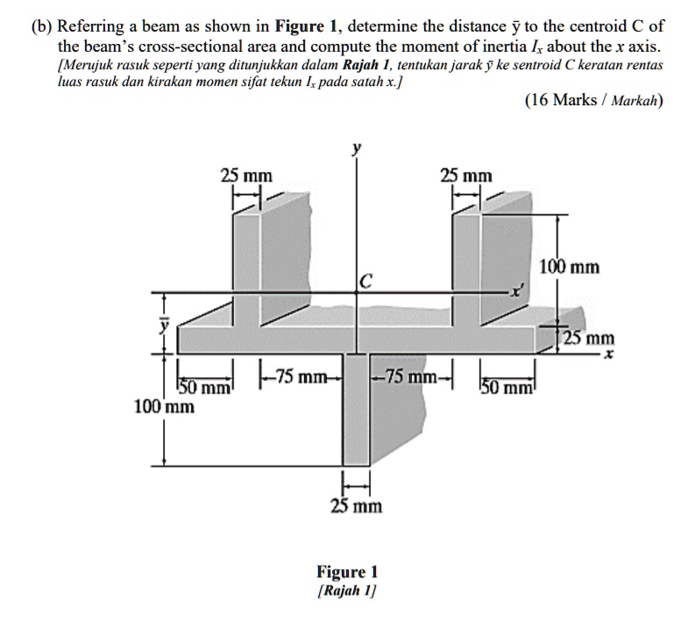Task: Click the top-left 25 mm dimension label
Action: pos(245,175)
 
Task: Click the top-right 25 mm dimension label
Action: pos(466,175)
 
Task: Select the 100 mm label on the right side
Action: pos(571,267)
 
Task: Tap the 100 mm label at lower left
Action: pos(164,407)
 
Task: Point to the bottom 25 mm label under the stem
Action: pos(356,506)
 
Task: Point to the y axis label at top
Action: pos(355,150)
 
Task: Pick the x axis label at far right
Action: pos(603,355)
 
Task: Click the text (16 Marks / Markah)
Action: pos(593,100)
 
